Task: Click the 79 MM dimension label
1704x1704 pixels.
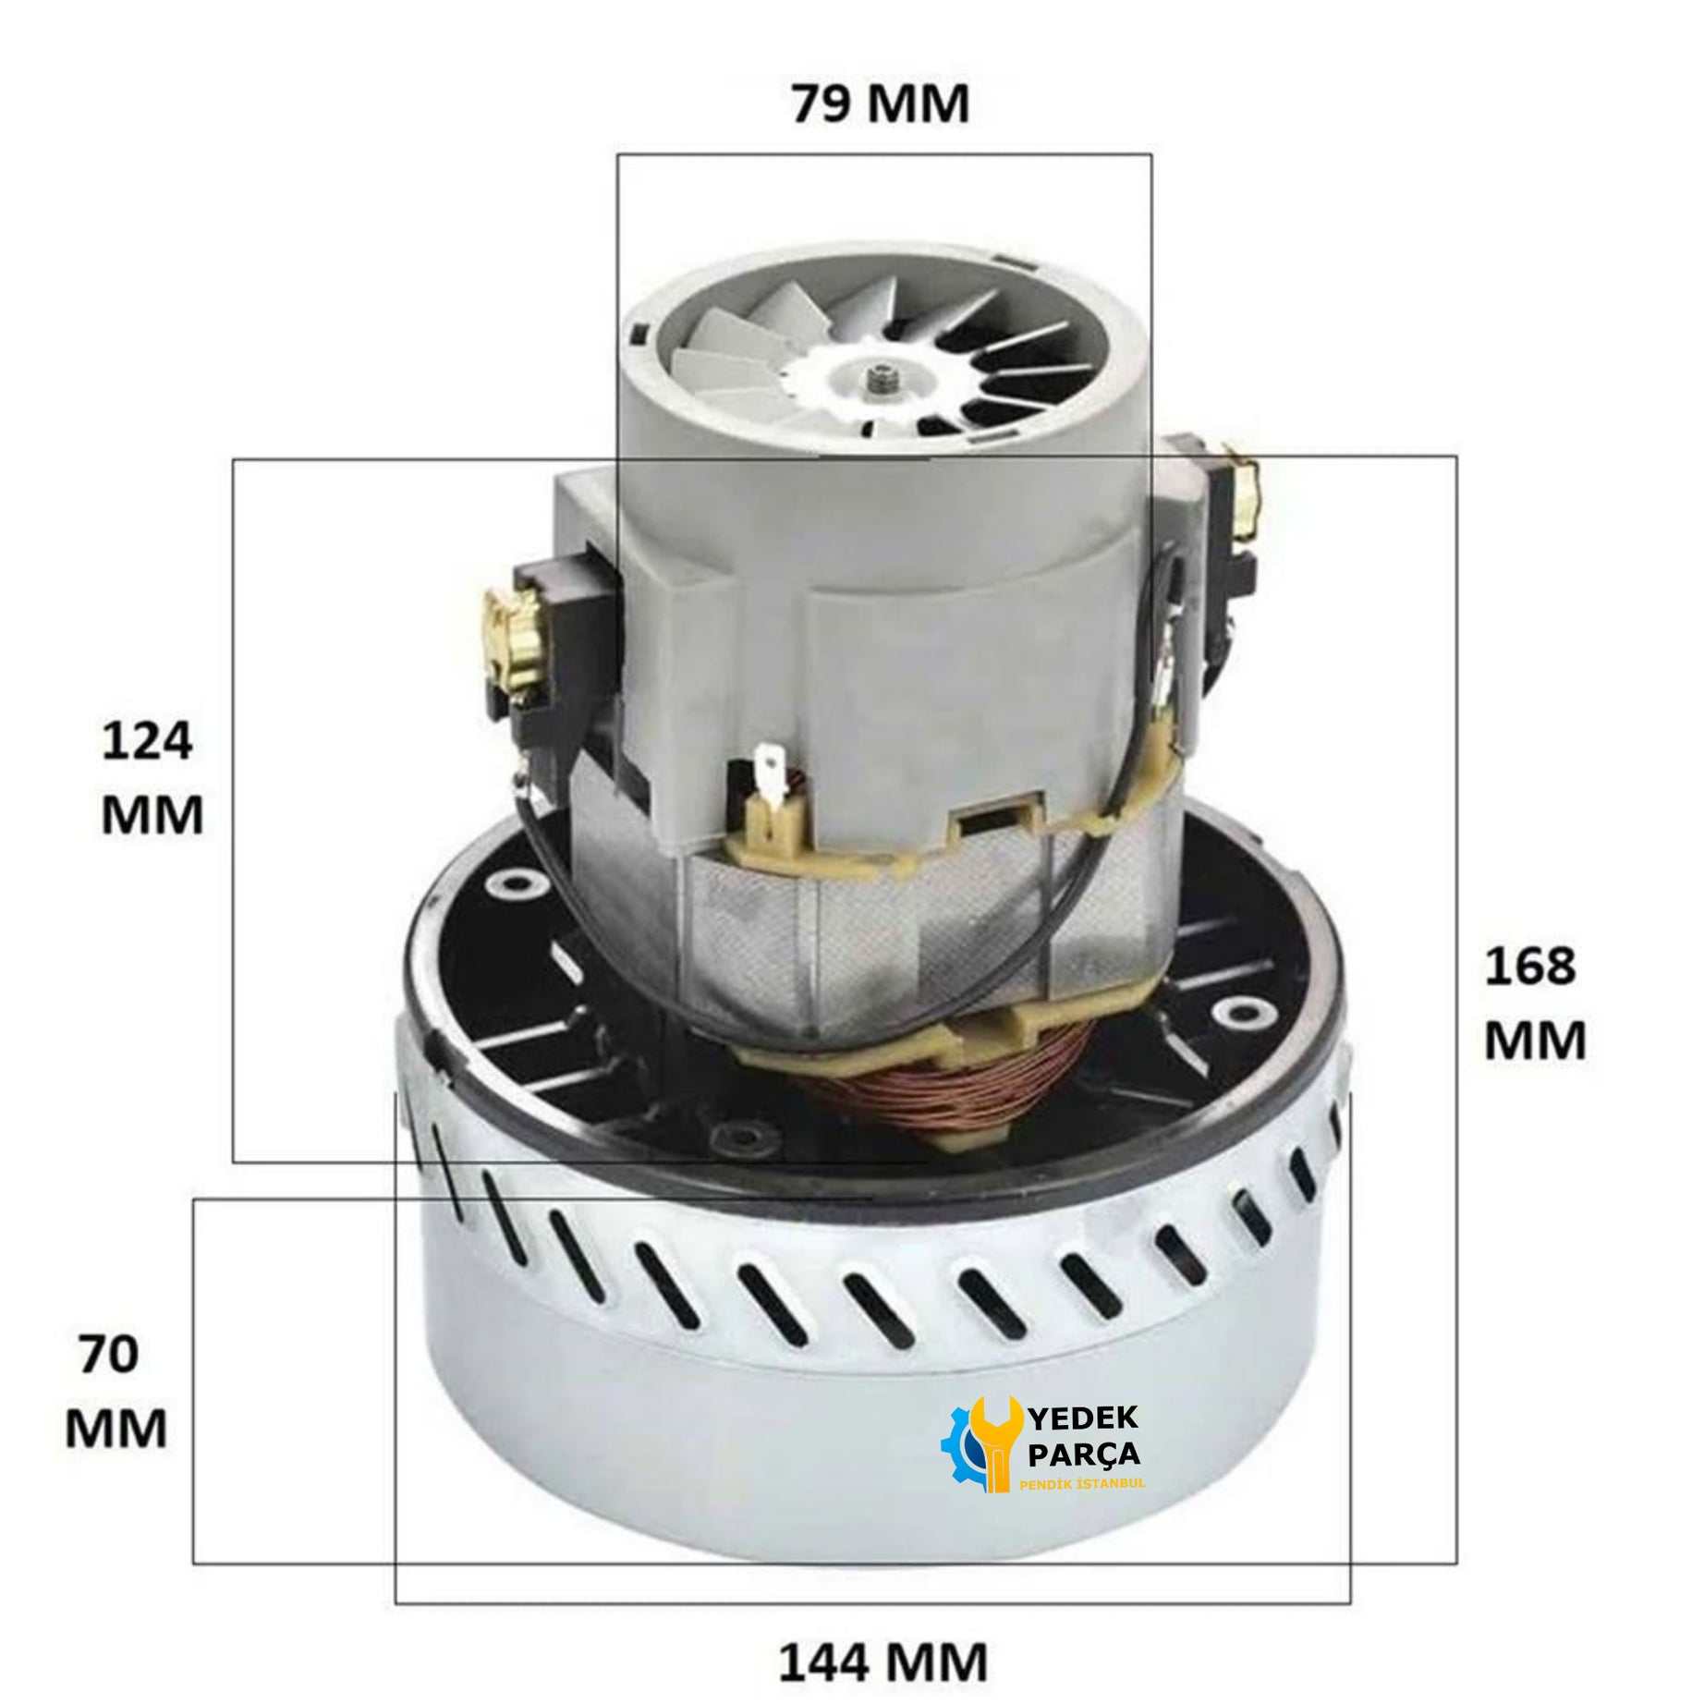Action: pyautogui.click(x=881, y=103)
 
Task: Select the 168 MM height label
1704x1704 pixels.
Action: pyautogui.click(x=1535, y=1003)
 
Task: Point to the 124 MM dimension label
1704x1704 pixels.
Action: pyautogui.click(x=152, y=777)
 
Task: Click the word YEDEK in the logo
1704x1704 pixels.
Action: pyautogui.click(x=1084, y=1417)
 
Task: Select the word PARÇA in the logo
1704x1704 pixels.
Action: pyautogui.click(x=1084, y=1454)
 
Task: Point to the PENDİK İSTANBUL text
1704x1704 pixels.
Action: pyautogui.click(x=1082, y=1483)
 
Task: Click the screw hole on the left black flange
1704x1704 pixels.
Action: pyautogui.click(x=510, y=884)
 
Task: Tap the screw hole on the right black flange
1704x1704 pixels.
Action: pyautogui.click(x=1232, y=1011)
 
